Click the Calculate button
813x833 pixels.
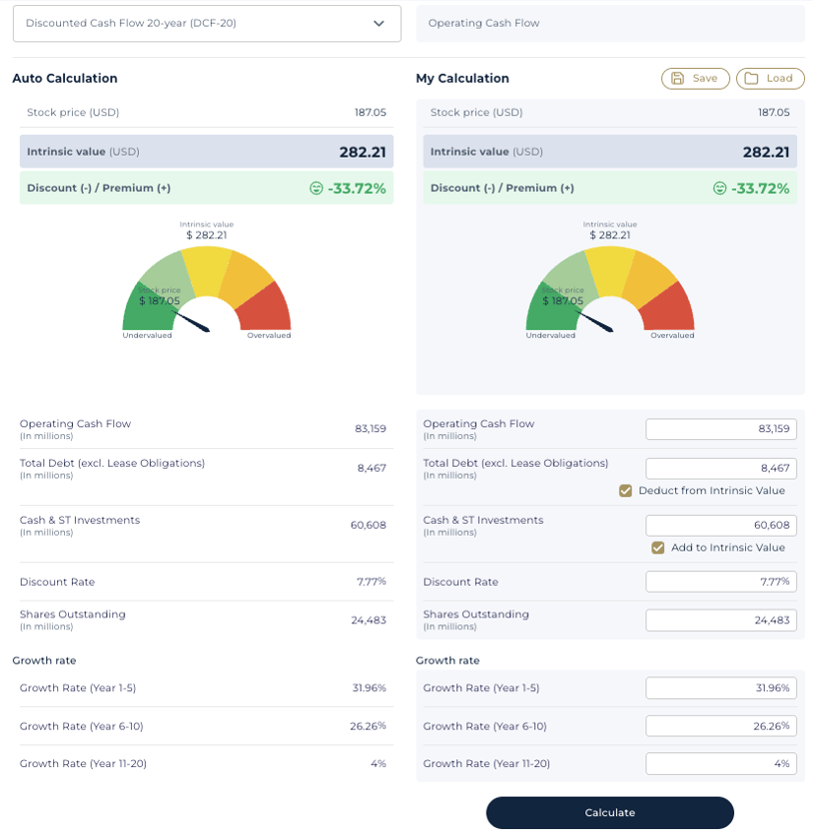point(609,812)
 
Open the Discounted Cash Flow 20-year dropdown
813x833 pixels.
point(207,24)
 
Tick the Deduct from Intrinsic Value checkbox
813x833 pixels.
point(626,490)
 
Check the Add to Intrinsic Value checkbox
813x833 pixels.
point(658,547)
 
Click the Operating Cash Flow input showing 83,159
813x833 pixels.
point(720,429)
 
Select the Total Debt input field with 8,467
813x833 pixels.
point(720,469)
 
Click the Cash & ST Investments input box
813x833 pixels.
point(720,525)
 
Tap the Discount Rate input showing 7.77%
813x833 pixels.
point(720,582)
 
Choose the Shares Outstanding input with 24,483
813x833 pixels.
point(720,620)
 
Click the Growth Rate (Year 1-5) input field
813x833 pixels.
point(720,688)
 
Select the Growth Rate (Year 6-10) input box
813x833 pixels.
point(720,726)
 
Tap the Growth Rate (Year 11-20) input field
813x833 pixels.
point(720,763)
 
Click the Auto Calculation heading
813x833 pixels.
point(65,79)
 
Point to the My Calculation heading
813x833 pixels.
point(462,79)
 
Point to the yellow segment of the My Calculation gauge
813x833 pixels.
point(610,269)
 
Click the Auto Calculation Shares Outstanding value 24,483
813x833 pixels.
point(368,620)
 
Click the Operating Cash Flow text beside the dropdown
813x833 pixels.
point(484,23)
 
